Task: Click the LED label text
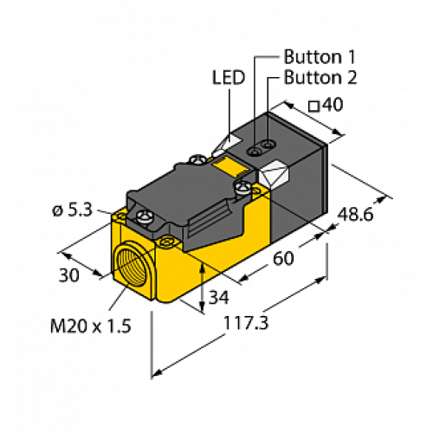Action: click(228, 78)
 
